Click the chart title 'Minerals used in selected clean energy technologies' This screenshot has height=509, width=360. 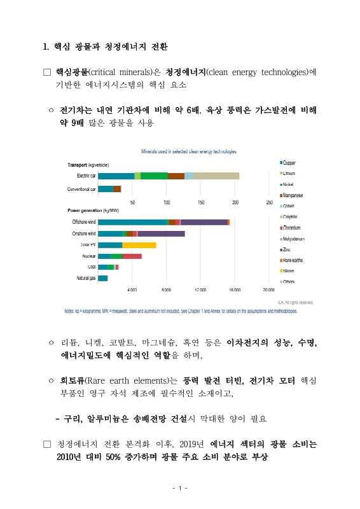188,152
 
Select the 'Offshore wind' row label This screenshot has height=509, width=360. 83,222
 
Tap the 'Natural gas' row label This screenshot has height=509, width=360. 85,278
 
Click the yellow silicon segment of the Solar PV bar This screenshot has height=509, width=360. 139,245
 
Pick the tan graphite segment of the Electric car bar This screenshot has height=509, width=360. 216,176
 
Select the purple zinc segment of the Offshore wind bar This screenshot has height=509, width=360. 204,222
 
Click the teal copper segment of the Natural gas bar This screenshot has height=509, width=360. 102,278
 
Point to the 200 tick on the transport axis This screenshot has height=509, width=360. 235,202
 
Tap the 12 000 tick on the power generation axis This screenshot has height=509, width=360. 200,289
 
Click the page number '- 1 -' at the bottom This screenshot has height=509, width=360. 180,489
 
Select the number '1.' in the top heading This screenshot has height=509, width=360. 45,46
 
